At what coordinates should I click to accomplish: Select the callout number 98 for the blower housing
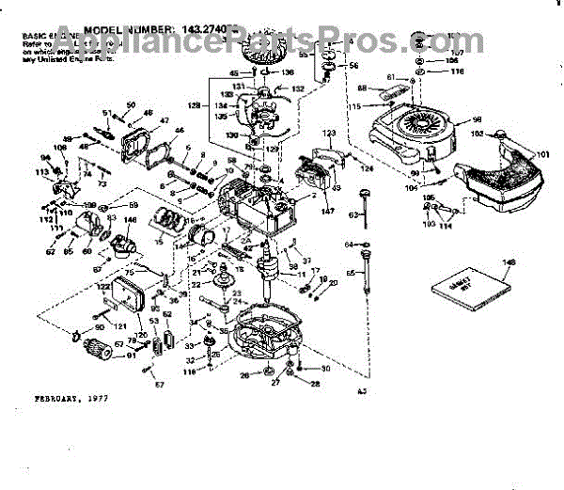[x=477, y=120]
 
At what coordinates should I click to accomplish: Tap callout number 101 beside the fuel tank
[x=543, y=155]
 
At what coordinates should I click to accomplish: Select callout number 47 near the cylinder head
[x=164, y=122]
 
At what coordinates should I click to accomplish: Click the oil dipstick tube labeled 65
[x=364, y=282]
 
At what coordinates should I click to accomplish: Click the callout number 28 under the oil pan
[x=315, y=384]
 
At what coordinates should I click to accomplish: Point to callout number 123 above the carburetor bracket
[x=329, y=135]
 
